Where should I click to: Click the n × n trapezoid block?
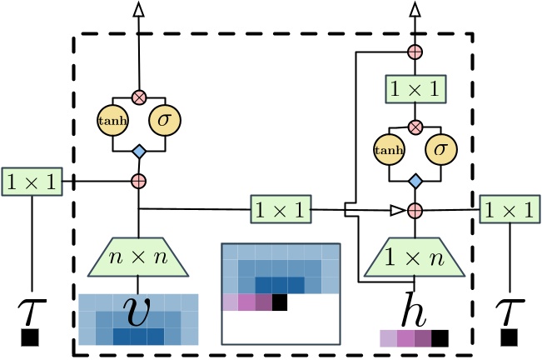[139, 256]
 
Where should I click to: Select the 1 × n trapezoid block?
[413, 256]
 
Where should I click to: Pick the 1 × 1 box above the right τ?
[509, 210]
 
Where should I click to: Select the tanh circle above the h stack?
[385, 152]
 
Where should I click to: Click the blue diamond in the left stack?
[139, 151]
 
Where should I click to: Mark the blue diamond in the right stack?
[413, 181]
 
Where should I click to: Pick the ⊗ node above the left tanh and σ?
[139, 97]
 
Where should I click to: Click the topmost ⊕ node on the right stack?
[413, 52]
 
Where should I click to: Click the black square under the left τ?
[32, 338]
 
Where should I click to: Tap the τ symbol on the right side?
[509, 308]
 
